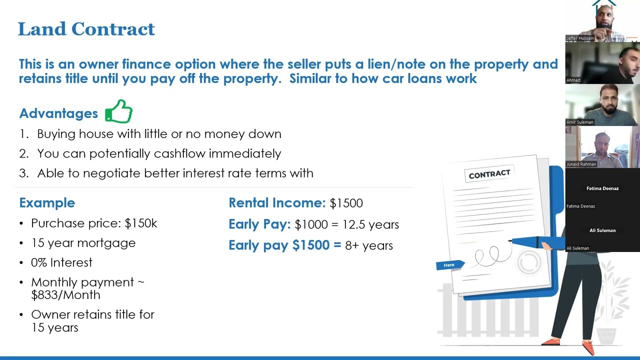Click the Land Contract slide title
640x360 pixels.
[86, 29]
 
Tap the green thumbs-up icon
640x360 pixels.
[118, 111]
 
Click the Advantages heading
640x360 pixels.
[58, 113]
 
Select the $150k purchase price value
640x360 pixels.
[141, 223]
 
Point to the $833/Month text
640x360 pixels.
[65, 295]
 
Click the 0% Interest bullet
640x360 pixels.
[61, 262]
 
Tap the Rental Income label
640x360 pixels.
[277, 203]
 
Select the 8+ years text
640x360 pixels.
[369, 245]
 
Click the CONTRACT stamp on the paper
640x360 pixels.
[489, 173]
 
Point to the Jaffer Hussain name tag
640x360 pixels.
[580, 38]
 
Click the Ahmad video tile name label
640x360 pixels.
[573, 80]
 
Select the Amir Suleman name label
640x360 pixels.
[580, 122]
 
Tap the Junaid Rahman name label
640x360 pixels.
[581, 164]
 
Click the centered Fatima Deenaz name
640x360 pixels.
[602, 188]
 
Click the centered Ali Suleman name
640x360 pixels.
[602, 230]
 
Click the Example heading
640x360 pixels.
[47, 203]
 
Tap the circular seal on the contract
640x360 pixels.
[529, 261]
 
